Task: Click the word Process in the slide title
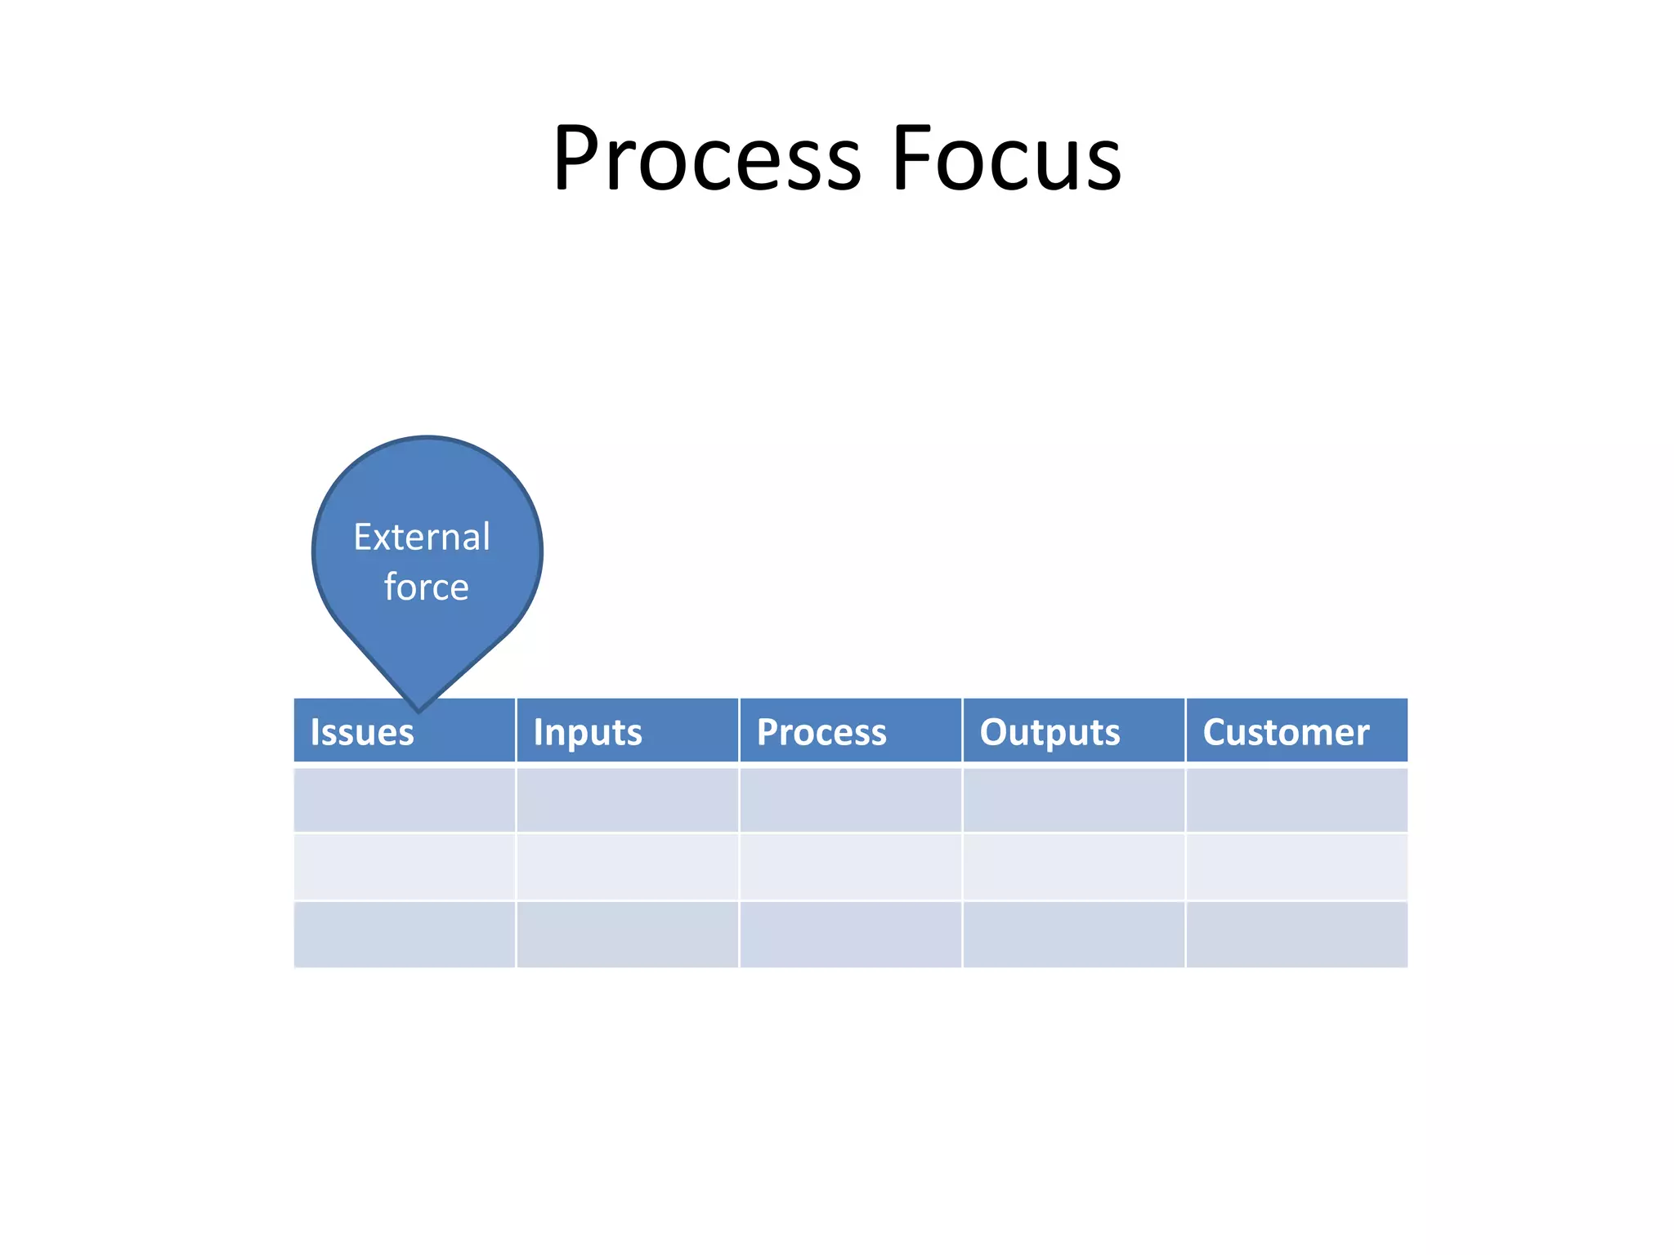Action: point(707,159)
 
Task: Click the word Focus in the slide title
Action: point(1006,159)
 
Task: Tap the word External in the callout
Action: point(422,538)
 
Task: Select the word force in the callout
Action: point(426,587)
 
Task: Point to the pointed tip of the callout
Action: point(418,708)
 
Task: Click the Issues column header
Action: point(362,732)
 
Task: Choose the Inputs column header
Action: point(588,732)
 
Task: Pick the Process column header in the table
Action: point(821,732)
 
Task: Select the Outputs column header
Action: point(1050,732)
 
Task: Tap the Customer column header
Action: point(1286,732)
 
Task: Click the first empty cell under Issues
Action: point(405,799)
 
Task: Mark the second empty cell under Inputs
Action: point(628,867)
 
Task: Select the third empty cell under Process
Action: point(851,935)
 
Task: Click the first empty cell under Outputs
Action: point(1074,799)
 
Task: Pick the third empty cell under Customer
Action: point(1297,935)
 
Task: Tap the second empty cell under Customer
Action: point(1297,867)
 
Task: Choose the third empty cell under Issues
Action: point(405,935)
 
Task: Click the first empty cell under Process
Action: point(851,799)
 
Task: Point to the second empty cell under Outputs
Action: point(1074,867)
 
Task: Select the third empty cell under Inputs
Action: point(628,935)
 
